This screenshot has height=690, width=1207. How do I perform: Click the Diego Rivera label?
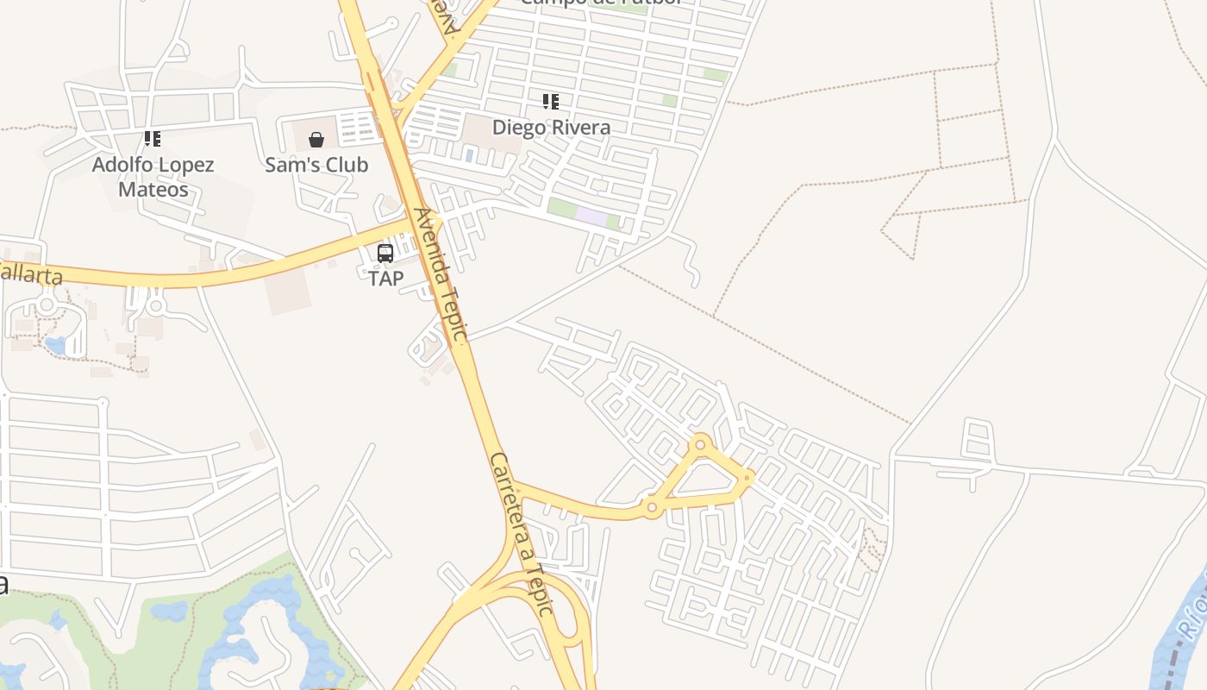click(551, 128)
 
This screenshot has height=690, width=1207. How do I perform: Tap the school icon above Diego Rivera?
click(551, 102)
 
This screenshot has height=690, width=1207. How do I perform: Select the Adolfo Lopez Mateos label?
click(153, 177)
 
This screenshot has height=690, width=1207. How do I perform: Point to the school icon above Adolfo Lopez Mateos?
click(153, 138)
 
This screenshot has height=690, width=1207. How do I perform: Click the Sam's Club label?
click(316, 165)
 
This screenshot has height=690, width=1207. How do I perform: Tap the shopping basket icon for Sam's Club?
click(316, 139)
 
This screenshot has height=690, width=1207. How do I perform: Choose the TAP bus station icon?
click(385, 254)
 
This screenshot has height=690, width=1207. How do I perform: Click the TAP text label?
click(385, 279)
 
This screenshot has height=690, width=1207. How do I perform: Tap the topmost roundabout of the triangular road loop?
click(700, 445)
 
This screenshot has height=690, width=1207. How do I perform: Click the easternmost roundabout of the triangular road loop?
click(747, 476)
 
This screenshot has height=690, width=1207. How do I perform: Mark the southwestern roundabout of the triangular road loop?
click(652, 508)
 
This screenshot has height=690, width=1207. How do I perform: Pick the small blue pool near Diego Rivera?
click(469, 154)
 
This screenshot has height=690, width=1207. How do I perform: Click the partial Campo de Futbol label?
click(601, 3)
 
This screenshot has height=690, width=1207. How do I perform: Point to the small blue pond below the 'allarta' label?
click(55, 346)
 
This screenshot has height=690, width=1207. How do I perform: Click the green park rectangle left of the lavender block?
click(561, 208)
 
